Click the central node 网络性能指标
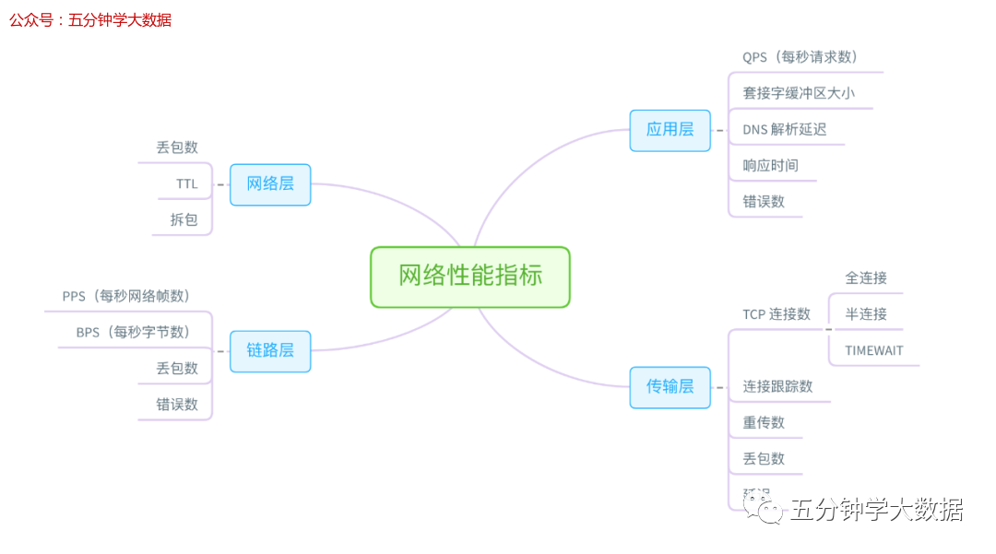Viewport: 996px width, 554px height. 470,276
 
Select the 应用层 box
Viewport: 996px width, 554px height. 670,130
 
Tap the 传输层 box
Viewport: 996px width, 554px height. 670,386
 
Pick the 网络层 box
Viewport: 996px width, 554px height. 270,183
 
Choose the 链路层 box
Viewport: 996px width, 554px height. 270,350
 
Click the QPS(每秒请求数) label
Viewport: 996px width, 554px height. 800,57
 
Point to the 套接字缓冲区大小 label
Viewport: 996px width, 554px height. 800,93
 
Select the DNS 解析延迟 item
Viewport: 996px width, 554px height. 785,129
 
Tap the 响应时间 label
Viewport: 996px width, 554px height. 771,166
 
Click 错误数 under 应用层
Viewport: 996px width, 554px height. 764,201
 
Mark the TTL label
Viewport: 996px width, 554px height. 187,183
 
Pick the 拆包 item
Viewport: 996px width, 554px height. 184,219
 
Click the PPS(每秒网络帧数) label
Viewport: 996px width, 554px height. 126,296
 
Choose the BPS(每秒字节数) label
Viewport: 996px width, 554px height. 133,332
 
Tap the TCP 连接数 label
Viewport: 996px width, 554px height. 777,314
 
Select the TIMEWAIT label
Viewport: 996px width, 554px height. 874,350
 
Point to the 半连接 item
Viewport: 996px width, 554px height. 866,314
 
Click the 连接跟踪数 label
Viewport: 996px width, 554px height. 778,386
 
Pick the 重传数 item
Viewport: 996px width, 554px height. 764,422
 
